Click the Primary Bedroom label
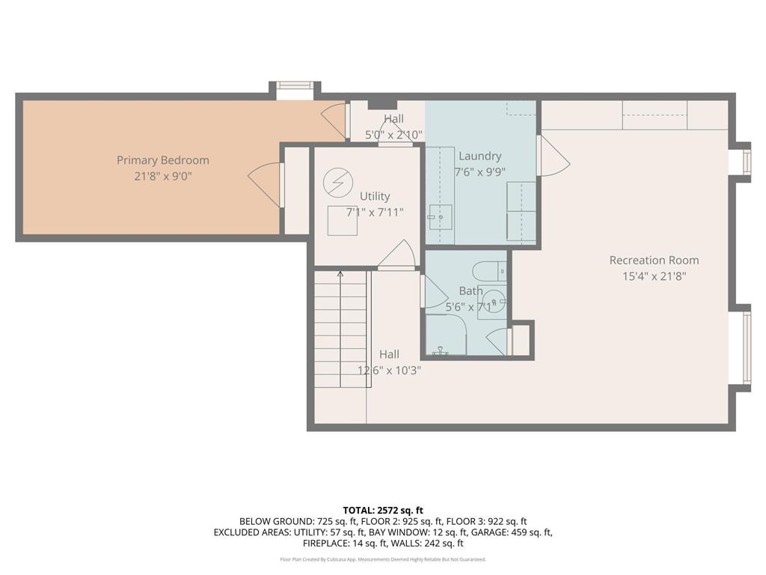pos(162,160)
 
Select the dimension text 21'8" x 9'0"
pos(162,176)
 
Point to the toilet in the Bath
pos(491,271)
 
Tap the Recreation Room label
pos(654,261)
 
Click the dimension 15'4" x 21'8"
pos(654,276)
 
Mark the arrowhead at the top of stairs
pos(340,274)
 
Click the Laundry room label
pos(479,156)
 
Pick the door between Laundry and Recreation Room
pos(552,156)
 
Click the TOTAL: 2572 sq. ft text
pos(383,510)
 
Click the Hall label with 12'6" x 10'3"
pos(388,355)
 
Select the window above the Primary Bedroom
pos(295,90)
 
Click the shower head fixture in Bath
pos(441,350)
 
